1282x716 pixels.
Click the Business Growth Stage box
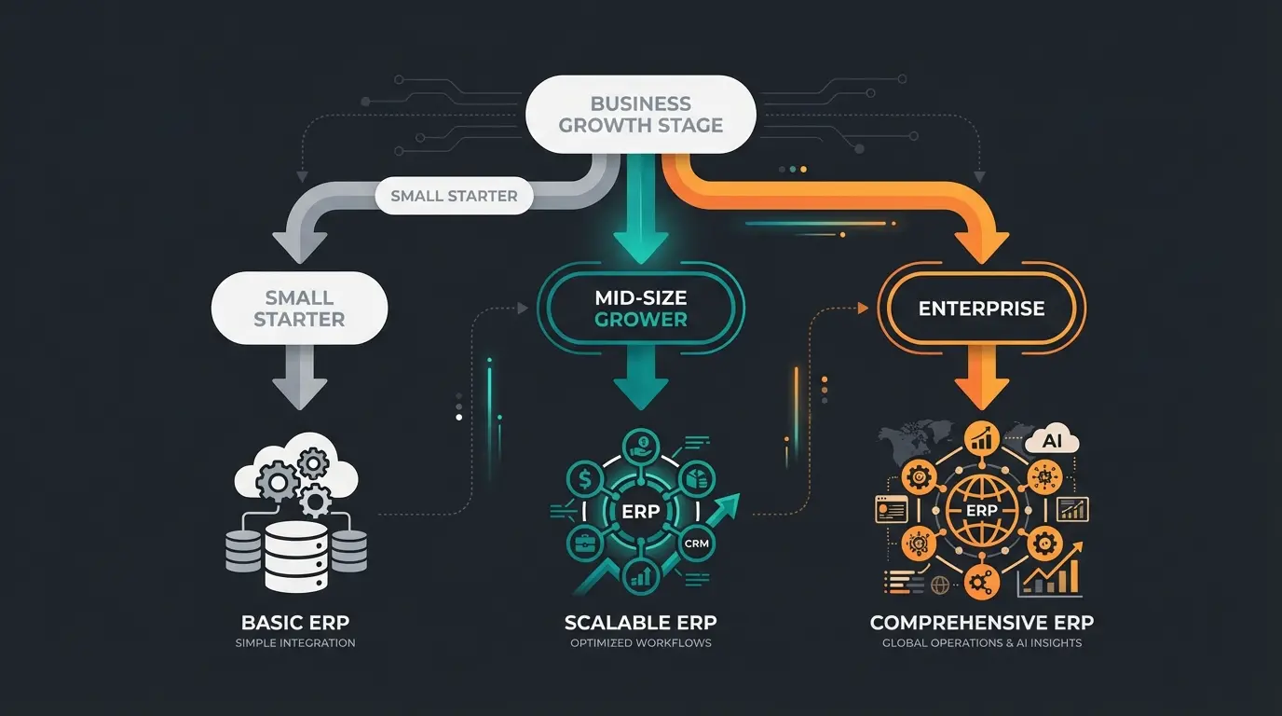640,115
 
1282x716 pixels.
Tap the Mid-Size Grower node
640,308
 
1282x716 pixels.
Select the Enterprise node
981,308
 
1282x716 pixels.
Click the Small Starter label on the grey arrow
454,196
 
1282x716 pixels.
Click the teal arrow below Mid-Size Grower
640,382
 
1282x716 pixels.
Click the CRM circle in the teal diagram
694,543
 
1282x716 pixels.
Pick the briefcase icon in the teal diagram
586,544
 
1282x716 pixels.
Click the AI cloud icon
1050,441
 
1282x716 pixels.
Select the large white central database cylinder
295,555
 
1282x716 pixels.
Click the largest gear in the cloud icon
279,482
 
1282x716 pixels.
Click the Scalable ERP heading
640,622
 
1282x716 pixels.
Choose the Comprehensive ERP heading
981,622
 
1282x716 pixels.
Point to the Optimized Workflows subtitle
640,643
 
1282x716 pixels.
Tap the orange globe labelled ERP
981,510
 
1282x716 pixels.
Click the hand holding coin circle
640,446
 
